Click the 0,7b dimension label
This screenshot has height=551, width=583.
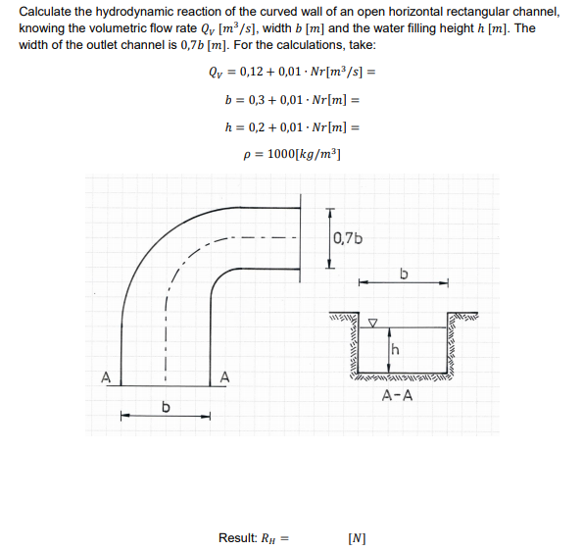348,237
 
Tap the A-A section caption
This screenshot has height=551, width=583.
397,396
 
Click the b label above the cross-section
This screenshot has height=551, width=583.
403,272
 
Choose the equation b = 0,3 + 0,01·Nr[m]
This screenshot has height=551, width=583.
293,99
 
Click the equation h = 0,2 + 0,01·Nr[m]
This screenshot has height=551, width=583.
293,126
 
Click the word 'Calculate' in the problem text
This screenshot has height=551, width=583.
46,12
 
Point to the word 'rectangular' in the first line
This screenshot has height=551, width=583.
468,12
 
